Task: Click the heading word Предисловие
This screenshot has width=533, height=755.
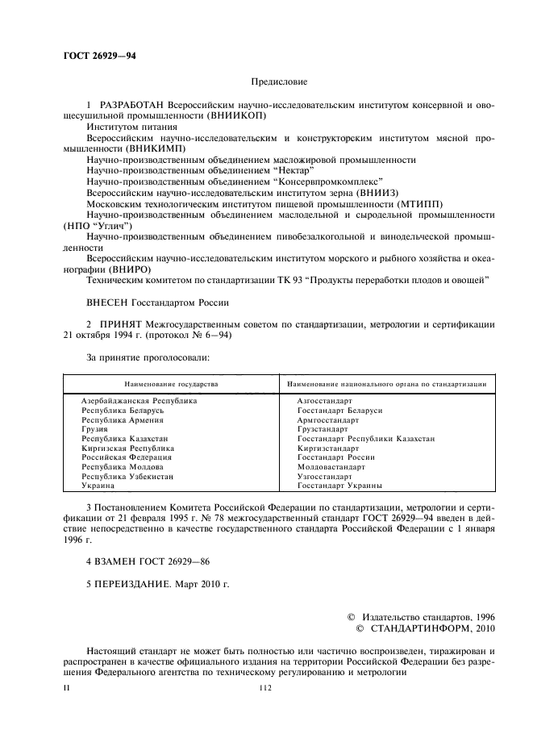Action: point(279,82)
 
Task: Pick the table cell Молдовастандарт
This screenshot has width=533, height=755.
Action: point(331,467)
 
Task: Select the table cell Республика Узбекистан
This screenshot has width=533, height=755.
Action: point(127,477)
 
